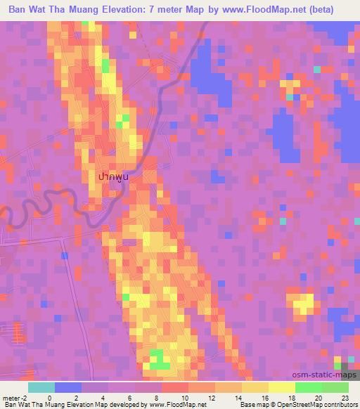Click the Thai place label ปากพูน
click(116, 178)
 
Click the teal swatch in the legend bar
click(41, 387)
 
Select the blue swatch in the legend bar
click(67, 387)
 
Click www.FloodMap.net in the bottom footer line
click(176, 405)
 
